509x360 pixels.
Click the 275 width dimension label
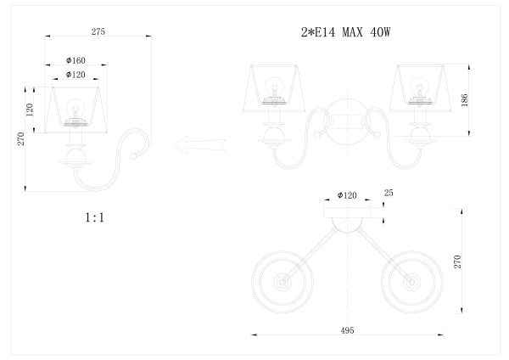(98, 31)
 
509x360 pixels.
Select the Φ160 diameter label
(76, 60)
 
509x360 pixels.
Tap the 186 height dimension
(464, 99)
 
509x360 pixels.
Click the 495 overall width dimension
(347, 330)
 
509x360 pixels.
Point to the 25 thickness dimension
(389, 193)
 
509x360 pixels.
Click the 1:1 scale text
(94, 217)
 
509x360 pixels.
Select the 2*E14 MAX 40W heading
(346, 32)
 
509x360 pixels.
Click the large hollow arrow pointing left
(200, 145)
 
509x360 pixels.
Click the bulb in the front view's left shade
(275, 87)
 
